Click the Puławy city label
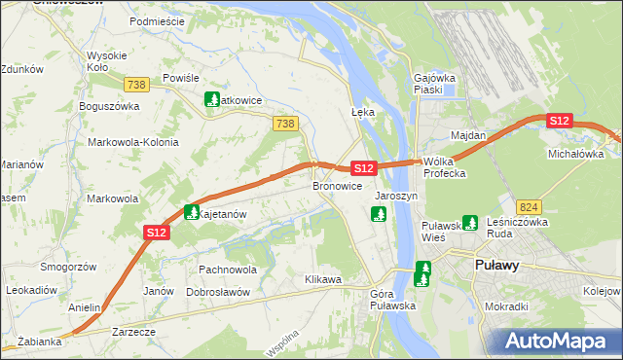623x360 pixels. (496, 265)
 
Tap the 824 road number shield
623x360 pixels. (529, 207)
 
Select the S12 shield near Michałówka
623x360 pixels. (559, 121)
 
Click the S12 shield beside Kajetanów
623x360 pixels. (157, 232)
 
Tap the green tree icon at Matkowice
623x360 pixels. (211, 99)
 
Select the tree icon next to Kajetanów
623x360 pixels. (191, 212)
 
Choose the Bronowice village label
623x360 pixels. (338, 185)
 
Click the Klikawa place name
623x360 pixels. (323, 280)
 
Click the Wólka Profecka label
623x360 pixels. (445, 167)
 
